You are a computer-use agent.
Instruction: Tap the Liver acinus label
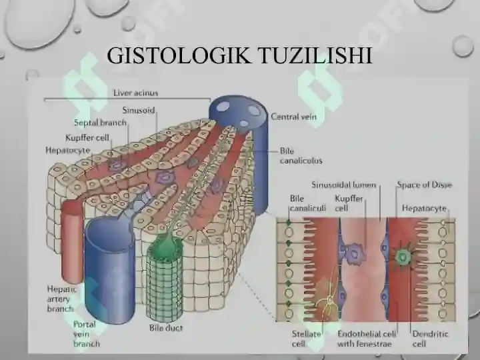135,93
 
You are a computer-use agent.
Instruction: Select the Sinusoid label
139,110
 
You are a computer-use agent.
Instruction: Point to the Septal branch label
100,123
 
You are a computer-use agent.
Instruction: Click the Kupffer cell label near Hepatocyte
87,138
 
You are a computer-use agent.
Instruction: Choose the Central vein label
293,117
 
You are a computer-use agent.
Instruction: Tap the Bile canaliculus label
301,156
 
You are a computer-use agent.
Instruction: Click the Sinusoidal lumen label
343,185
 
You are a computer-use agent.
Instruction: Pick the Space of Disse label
424,185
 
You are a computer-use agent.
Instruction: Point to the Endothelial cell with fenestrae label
367,339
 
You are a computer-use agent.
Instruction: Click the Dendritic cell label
430,339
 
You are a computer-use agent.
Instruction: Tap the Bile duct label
166,328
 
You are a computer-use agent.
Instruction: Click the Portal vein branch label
86,334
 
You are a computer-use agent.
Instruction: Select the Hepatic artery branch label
61,299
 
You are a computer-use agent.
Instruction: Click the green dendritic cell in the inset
402,257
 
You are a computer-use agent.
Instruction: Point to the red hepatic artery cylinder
73,243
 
